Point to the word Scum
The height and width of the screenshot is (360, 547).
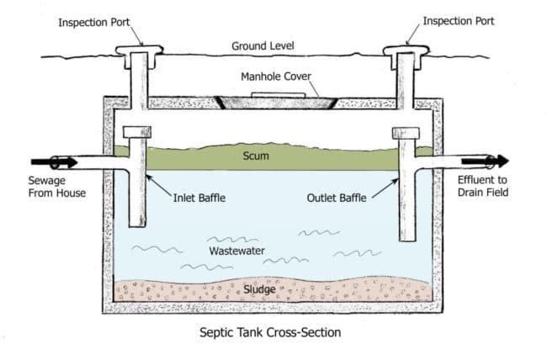coord(256,156)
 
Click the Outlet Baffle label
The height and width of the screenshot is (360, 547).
coord(335,199)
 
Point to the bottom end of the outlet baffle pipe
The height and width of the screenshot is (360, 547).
coord(408,238)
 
